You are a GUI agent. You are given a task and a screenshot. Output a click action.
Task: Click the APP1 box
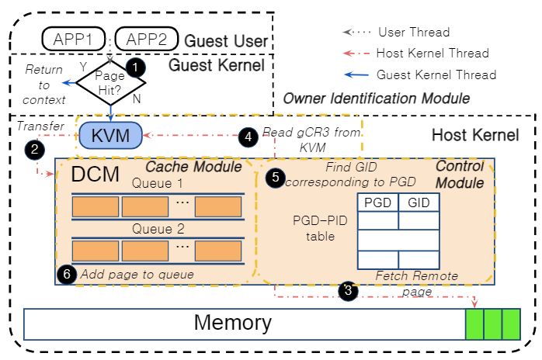tap(73, 39)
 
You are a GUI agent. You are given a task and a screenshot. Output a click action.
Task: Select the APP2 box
tap(147, 39)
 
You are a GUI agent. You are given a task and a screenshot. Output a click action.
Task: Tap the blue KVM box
tap(110, 135)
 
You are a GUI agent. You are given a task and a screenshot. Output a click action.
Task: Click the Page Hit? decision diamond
tap(110, 83)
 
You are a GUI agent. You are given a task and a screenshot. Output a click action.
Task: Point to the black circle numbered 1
tap(135, 67)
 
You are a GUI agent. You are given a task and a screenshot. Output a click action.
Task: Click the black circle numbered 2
tap(35, 150)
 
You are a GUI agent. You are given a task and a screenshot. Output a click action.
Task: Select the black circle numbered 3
tap(348, 290)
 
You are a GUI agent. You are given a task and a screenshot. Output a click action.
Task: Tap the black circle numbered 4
tap(248, 137)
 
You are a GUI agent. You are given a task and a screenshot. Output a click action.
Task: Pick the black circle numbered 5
tap(275, 177)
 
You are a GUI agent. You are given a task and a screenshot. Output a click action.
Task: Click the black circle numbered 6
tap(67, 275)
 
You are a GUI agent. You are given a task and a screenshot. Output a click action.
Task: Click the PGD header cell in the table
tap(378, 202)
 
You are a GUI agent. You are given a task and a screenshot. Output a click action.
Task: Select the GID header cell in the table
tap(419, 202)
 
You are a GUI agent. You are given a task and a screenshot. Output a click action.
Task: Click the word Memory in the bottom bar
tap(233, 322)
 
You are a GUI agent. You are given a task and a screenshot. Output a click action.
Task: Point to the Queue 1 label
tap(158, 183)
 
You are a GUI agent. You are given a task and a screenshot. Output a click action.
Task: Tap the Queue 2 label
tap(158, 229)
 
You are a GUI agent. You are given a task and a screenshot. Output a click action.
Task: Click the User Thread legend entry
tap(397, 32)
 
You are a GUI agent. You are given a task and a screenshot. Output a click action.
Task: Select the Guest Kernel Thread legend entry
tap(419, 74)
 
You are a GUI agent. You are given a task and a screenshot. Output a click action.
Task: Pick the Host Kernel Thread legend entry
tap(416, 54)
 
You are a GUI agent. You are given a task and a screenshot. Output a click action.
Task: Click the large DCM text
tap(95, 174)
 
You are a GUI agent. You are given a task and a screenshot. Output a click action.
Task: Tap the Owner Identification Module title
tap(377, 99)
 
